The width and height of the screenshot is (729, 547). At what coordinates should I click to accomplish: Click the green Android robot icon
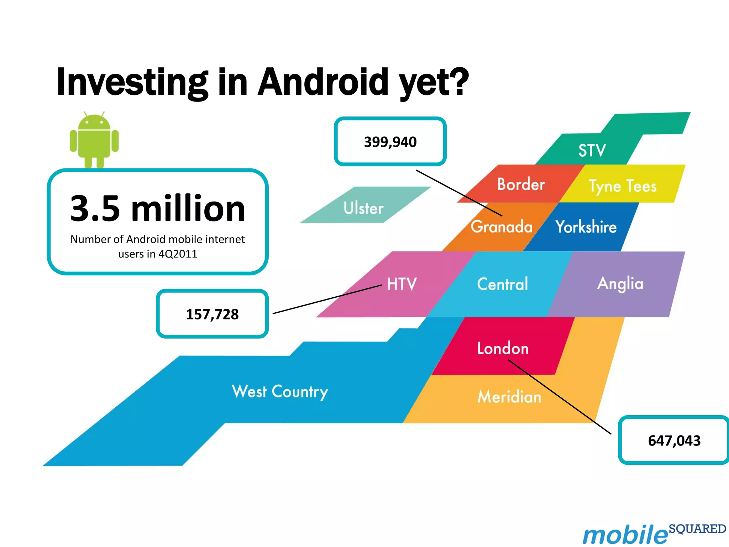(94, 140)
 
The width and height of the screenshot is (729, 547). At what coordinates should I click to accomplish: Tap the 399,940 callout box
(390, 142)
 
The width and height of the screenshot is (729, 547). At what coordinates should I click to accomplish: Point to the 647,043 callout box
(674, 441)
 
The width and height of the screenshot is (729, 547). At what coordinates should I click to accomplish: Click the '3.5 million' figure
(158, 209)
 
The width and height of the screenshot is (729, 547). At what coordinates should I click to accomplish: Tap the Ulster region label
(363, 208)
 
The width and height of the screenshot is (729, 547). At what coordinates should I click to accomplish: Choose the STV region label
(592, 150)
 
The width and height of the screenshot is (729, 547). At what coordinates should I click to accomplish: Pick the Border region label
(521, 184)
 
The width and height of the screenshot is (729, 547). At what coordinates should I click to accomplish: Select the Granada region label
(502, 227)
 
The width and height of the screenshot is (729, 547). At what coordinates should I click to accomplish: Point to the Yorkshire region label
(586, 227)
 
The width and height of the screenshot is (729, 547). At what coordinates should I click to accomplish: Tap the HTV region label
(402, 284)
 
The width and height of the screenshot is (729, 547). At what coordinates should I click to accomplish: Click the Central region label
(502, 284)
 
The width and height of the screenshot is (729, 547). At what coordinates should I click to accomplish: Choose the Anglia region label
(620, 284)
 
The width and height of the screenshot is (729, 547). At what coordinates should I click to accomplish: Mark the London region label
(503, 348)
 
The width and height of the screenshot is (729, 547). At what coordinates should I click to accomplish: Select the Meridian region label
(509, 397)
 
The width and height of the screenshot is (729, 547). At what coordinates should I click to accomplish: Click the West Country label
(280, 391)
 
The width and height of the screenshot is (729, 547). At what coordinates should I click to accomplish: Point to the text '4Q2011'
(178, 254)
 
